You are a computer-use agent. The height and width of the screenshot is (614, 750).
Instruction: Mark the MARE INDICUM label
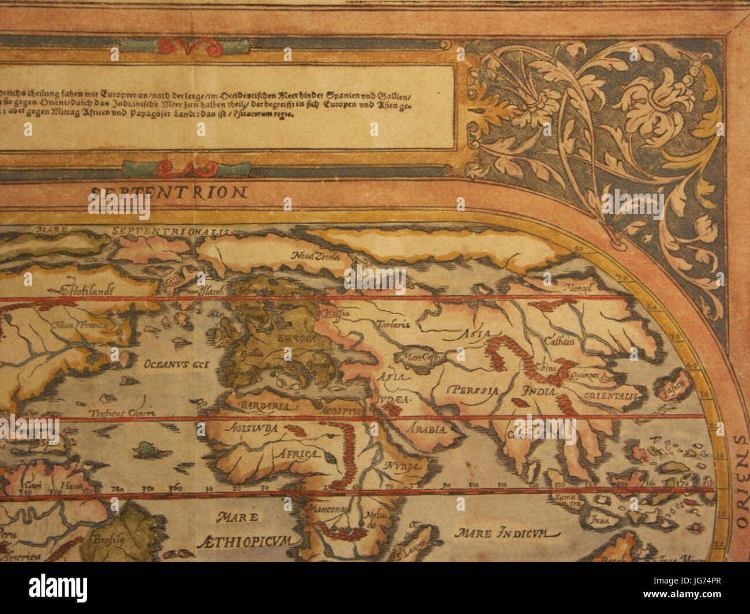point(492,533)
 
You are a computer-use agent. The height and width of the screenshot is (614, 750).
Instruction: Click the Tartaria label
point(393,324)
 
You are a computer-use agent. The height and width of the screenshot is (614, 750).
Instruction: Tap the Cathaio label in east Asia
point(559,341)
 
